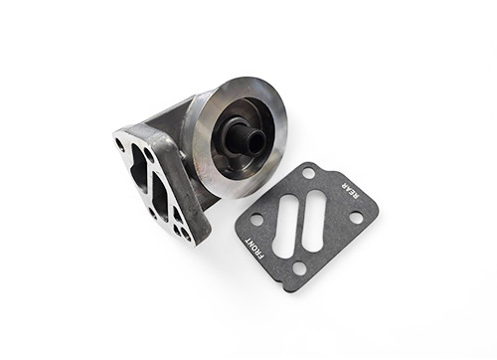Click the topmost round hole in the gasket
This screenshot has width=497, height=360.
click(309, 173)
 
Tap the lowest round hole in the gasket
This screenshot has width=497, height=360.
click(299, 268)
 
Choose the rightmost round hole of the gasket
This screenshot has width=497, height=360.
click(356, 221)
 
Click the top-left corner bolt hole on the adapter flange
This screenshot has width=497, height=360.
click(121, 145)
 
